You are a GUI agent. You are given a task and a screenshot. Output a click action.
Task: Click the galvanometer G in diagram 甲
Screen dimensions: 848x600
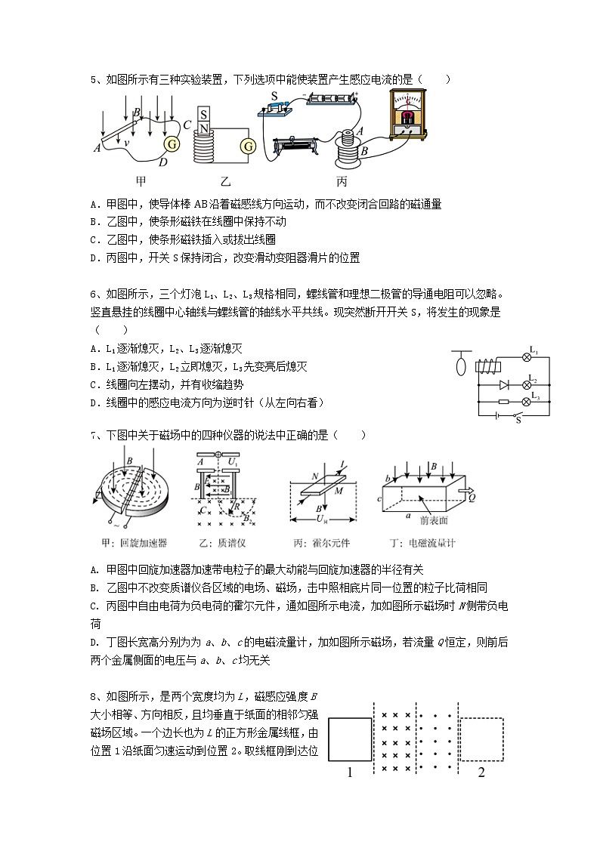coord(172,143)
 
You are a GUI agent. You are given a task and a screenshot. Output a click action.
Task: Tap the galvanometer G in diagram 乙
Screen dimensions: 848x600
coord(246,146)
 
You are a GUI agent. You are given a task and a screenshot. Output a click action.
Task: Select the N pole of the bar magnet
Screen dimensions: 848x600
coord(203,128)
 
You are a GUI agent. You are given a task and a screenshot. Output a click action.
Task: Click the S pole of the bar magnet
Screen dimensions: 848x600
coord(203,116)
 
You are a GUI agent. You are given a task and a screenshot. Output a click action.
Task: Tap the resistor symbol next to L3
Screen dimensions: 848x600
coord(502,402)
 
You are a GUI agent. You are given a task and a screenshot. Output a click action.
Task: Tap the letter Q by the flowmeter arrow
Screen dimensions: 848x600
coord(472,498)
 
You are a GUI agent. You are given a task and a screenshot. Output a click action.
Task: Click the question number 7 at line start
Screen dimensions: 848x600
coord(92,435)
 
